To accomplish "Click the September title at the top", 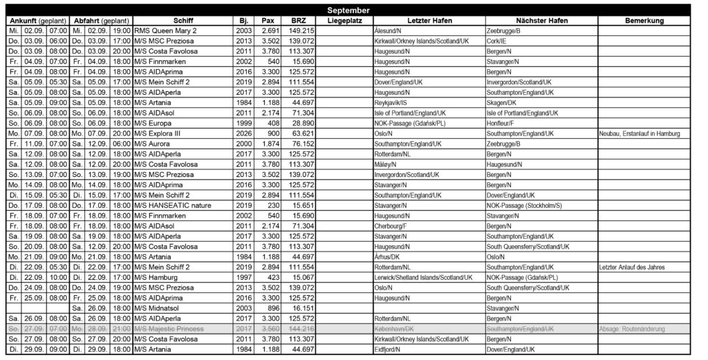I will click(349, 10).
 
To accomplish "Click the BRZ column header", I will click(299, 21).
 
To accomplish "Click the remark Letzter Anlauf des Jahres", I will click(631, 266).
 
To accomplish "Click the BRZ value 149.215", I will click(300, 31).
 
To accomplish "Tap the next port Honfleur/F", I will click(501, 122).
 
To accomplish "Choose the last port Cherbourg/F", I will click(391, 225).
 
